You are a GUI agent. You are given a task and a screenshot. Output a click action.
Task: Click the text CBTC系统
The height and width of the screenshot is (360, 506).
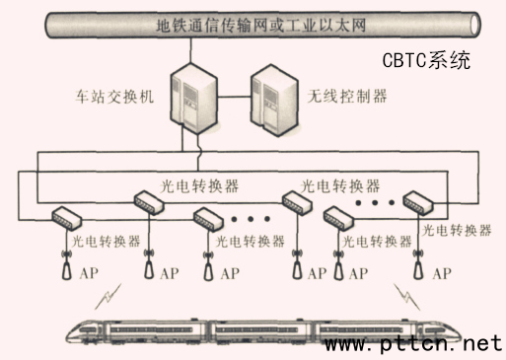[x=426, y=60]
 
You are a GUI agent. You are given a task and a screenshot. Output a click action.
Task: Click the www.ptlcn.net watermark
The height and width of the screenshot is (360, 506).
[x=414, y=344]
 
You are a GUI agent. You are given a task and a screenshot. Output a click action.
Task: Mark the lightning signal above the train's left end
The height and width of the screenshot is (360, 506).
[x=115, y=294]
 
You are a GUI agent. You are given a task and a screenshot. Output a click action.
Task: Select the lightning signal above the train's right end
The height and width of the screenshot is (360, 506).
[x=402, y=294]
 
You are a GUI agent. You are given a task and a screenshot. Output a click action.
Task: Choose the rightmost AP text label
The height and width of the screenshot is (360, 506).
[x=442, y=272]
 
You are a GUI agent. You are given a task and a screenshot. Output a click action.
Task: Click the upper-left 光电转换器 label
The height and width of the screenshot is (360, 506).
[x=199, y=185]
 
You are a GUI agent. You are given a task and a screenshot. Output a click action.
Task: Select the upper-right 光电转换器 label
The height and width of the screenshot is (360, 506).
[x=339, y=185]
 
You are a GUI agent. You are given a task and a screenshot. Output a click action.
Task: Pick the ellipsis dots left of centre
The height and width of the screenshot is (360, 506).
[x=251, y=217]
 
